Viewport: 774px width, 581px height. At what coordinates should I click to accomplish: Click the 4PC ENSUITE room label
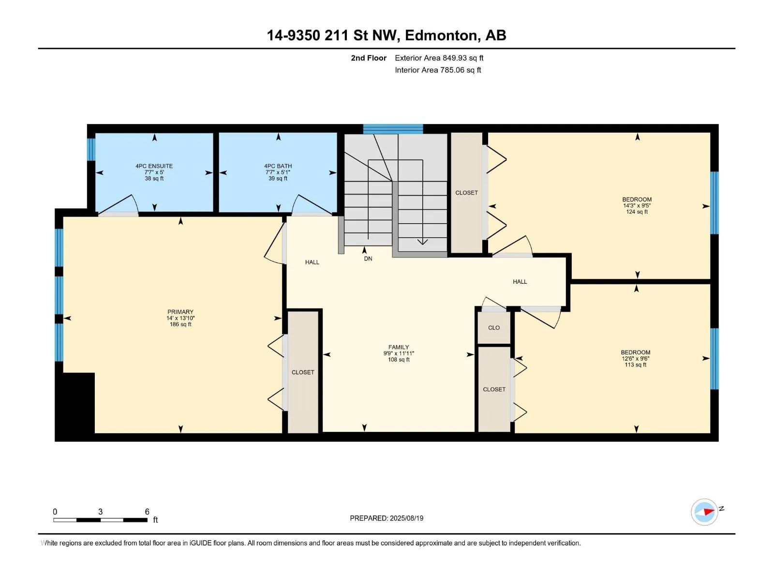[x=154, y=166]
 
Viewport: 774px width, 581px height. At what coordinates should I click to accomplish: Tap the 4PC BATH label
[x=278, y=166]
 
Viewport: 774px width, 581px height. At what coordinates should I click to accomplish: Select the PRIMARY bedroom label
[x=180, y=312]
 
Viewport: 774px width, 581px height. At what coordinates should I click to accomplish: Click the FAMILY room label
[x=399, y=347]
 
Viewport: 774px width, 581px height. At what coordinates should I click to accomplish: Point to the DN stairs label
[x=368, y=259]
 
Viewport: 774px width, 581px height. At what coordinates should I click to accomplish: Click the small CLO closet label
[x=494, y=328]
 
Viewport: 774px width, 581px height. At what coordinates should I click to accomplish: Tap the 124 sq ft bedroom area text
[x=637, y=212]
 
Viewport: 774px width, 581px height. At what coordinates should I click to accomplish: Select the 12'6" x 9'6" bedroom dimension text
[x=636, y=358]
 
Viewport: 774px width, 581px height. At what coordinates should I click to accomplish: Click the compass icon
[x=704, y=512]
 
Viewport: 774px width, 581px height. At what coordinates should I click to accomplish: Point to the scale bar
[x=101, y=520]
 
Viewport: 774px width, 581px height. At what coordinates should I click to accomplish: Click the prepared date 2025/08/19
[x=406, y=518]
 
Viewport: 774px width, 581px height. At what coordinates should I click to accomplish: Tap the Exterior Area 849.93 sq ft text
[x=439, y=58]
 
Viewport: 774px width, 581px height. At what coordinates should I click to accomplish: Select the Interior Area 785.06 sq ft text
[x=438, y=70]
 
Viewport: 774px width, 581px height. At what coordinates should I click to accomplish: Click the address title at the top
[x=387, y=35]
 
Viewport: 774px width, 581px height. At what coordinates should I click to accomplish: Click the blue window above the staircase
[x=393, y=129]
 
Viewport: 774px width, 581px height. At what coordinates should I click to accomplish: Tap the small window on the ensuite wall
[x=91, y=149]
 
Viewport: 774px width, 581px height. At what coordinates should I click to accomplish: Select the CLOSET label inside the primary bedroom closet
[x=302, y=372]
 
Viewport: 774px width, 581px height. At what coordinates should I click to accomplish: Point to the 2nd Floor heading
[x=369, y=58]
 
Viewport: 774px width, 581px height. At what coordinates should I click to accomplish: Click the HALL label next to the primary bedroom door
[x=312, y=262]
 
